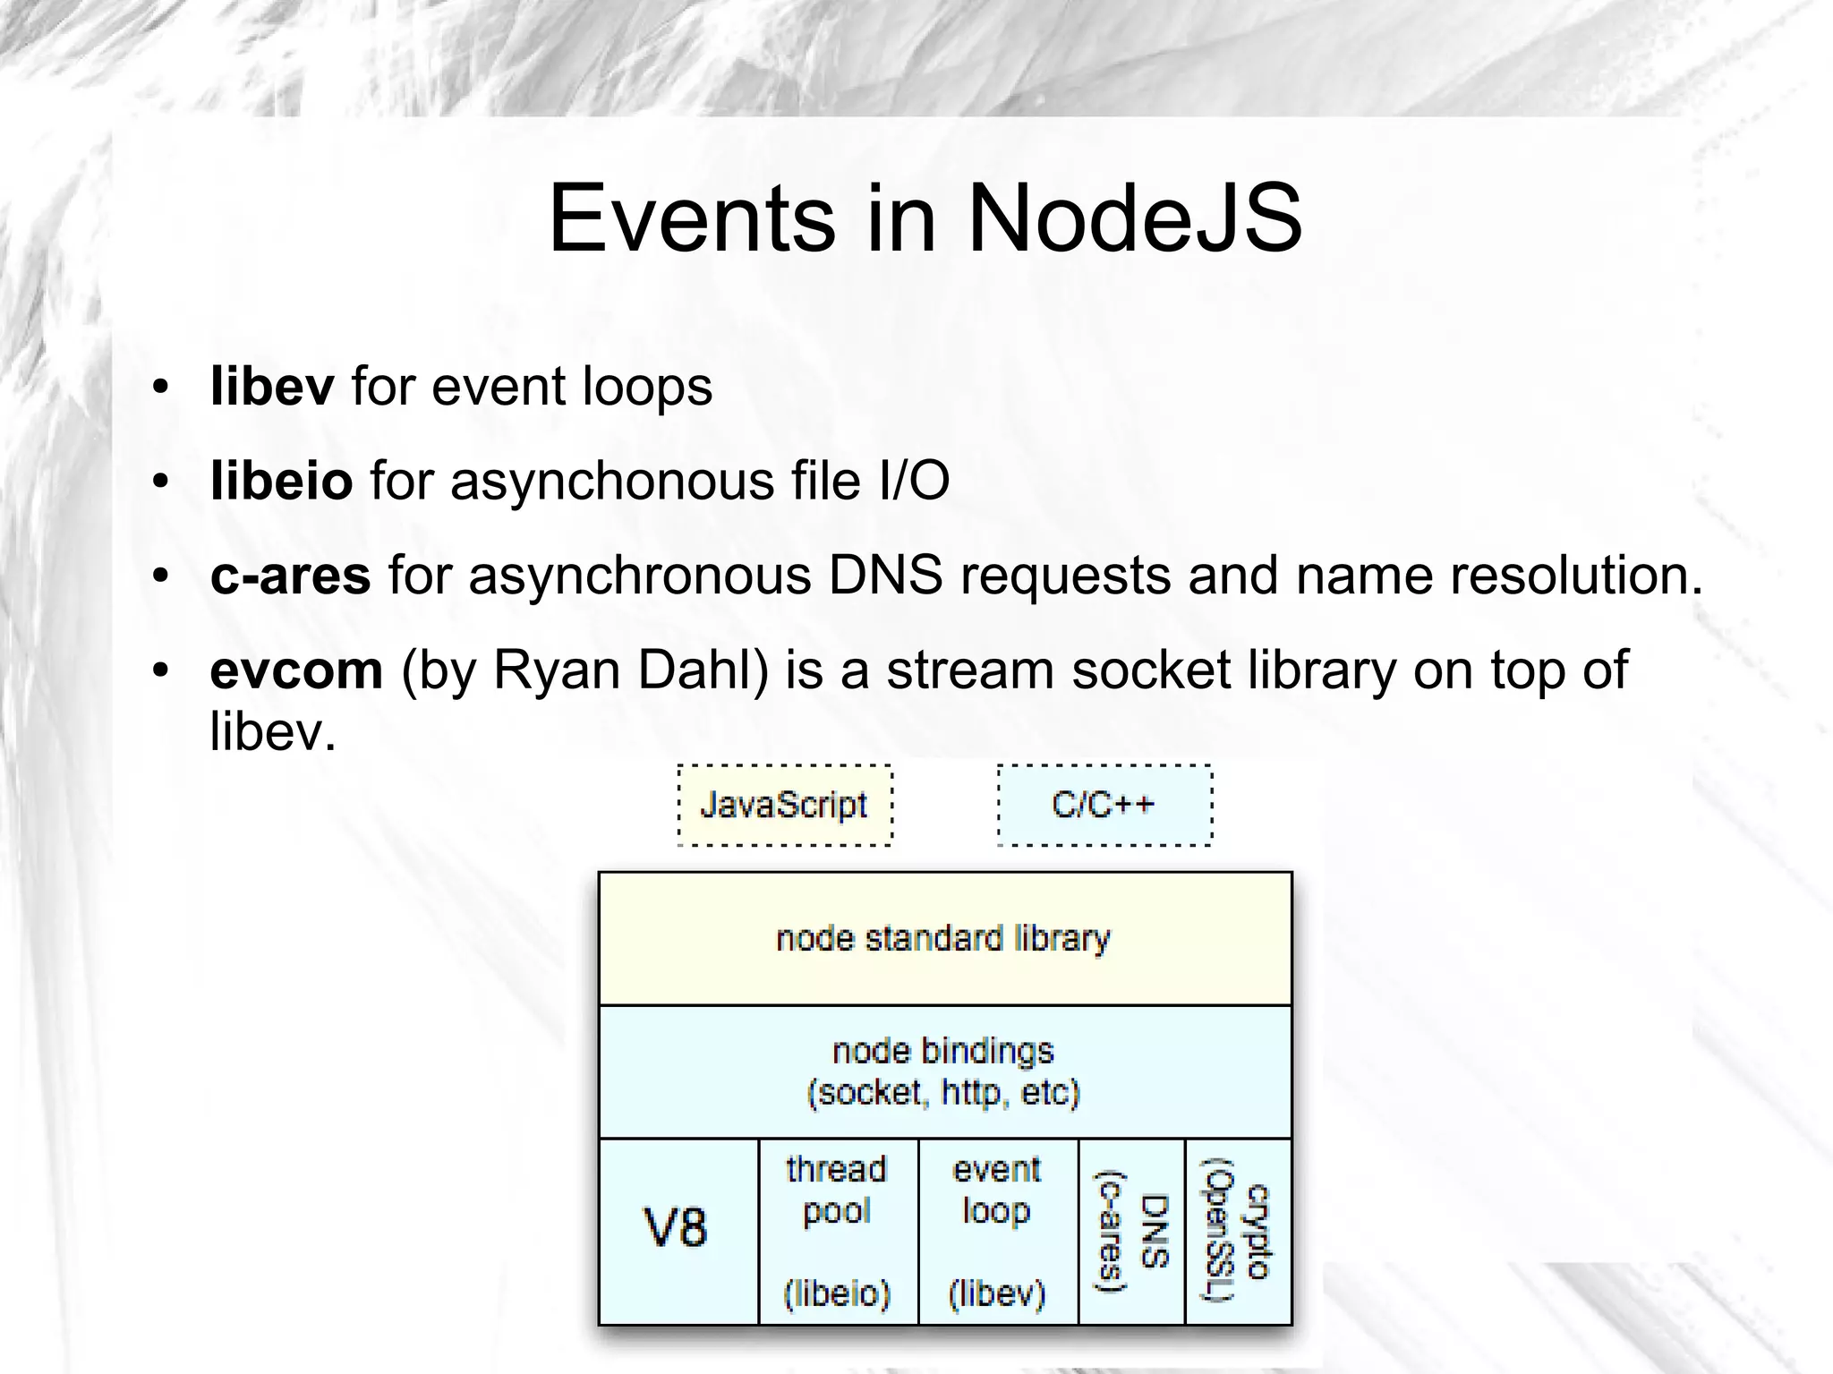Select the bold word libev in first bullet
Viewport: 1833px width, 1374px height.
coord(272,387)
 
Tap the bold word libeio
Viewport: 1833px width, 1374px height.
coord(281,481)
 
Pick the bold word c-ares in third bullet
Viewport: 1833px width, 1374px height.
coord(290,575)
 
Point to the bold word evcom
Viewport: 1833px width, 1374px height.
coord(296,670)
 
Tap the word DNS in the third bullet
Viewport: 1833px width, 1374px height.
coord(884,575)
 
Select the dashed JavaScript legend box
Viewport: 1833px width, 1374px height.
coord(785,805)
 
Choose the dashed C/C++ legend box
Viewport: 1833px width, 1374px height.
coord(1104,805)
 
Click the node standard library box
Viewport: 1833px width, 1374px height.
coord(944,938)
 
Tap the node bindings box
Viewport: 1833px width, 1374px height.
coord(944,1071)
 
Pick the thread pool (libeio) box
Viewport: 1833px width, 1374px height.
coord(838,1231)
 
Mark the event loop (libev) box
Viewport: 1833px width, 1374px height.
coord(997,1231)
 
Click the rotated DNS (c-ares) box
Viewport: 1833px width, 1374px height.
coord(1131,1231)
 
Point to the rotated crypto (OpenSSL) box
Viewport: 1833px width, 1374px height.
coord(1238,1231)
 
